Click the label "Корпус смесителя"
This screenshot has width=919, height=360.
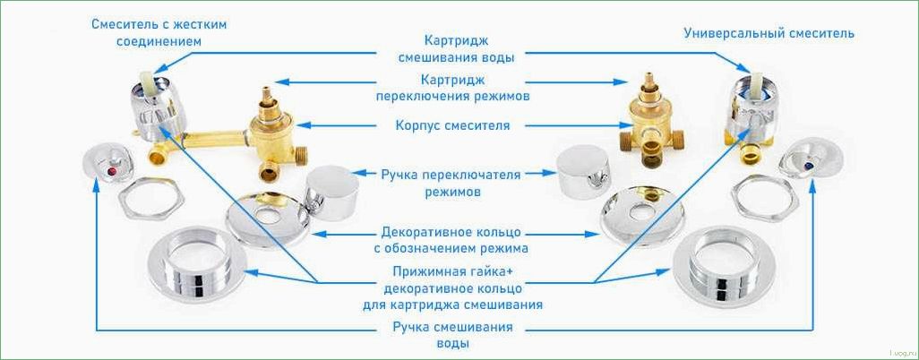pos(454,125)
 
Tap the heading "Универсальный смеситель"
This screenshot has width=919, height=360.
pos(769,33)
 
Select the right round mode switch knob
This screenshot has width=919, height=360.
pos(583,173)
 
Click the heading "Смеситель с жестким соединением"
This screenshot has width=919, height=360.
pos(159,33)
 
